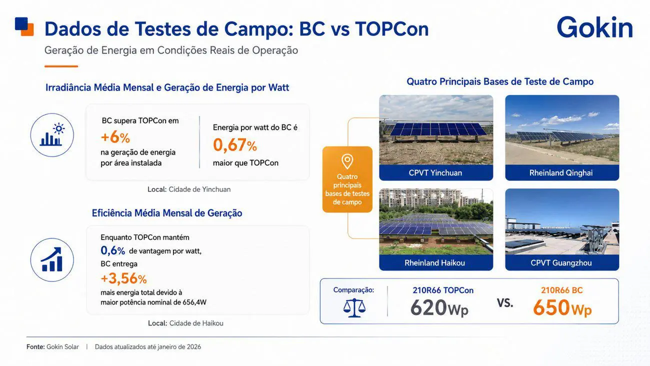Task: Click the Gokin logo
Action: point(595,27)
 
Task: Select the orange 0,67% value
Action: point(235,145)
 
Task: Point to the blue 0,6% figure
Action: point(112,250)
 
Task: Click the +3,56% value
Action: point(123,278)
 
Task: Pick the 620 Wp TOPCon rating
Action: point(439,307)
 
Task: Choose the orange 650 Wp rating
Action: point(562,307)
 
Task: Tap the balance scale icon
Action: point(354,307)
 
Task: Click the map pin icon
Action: point(347,161)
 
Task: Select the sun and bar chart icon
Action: point(52,135)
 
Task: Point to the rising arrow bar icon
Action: point(52,260)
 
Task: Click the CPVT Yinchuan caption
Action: point(435,172)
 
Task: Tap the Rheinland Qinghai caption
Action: point(561,172)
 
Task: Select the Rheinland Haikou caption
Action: point(434,262)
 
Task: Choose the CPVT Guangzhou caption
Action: point(561,262)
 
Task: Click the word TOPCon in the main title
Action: point(391,28)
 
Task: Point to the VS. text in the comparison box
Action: point(505,303)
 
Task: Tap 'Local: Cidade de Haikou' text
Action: point(185,323)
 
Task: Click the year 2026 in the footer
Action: point(194,347)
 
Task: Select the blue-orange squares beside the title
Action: point(24,26)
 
